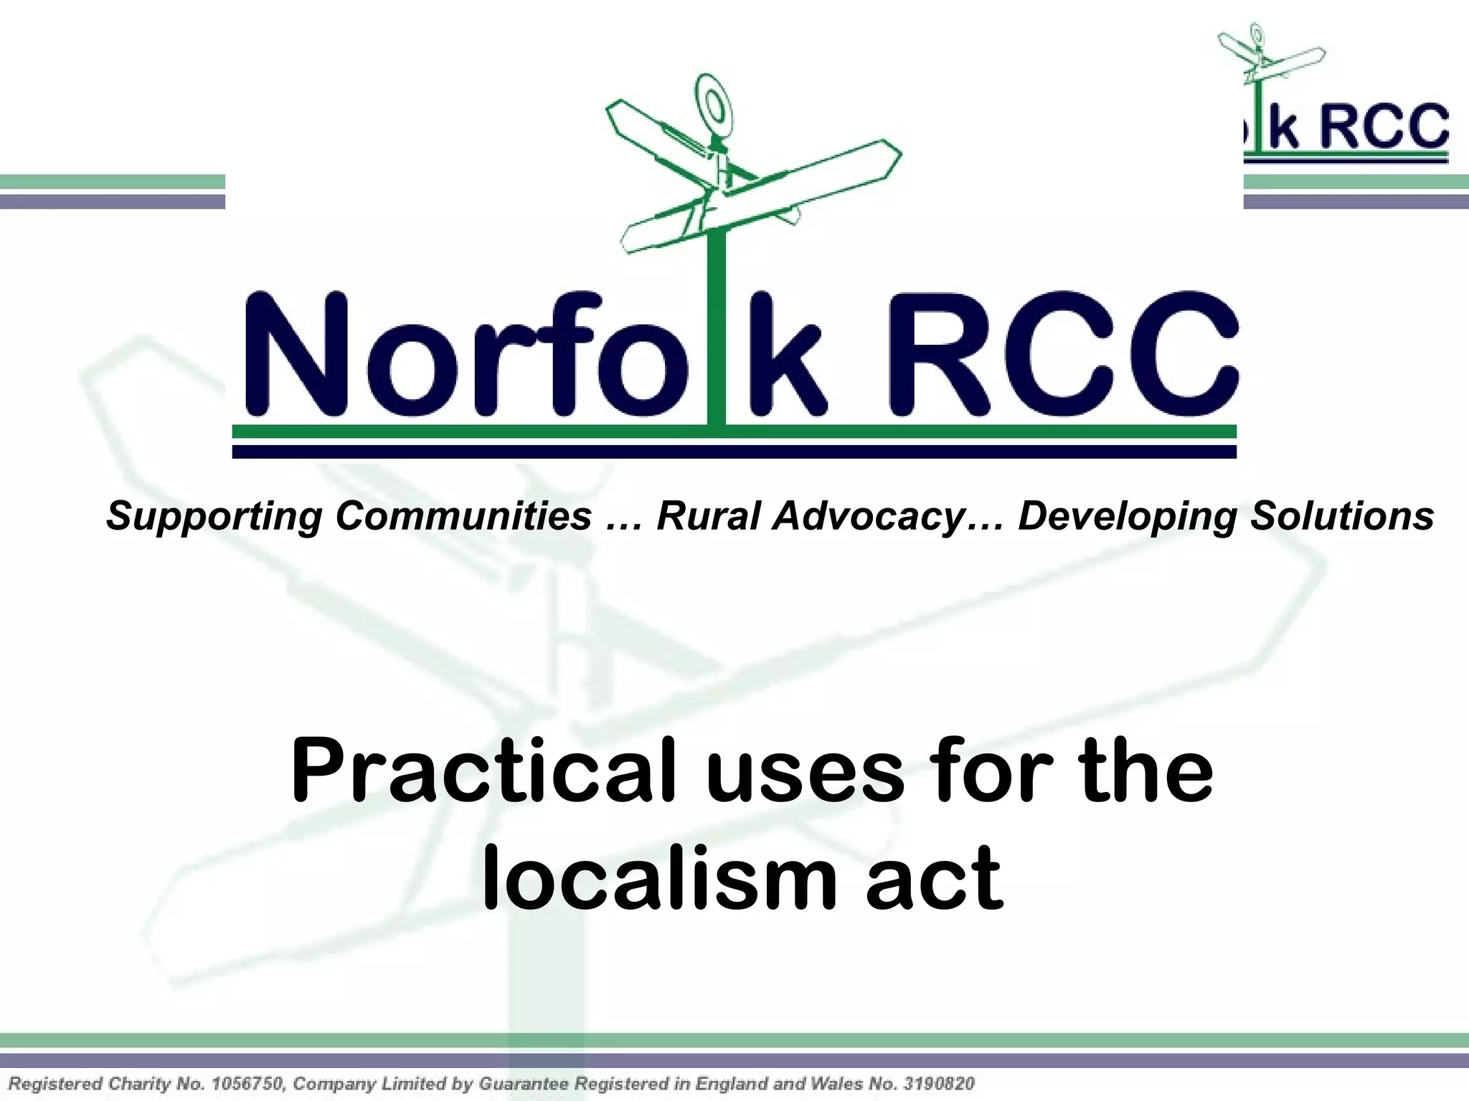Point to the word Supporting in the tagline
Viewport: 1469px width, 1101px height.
(x=214, y=516)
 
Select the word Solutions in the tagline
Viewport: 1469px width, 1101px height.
(x=1342, y=516)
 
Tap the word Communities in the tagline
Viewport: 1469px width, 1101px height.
(x=463, y=516)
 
